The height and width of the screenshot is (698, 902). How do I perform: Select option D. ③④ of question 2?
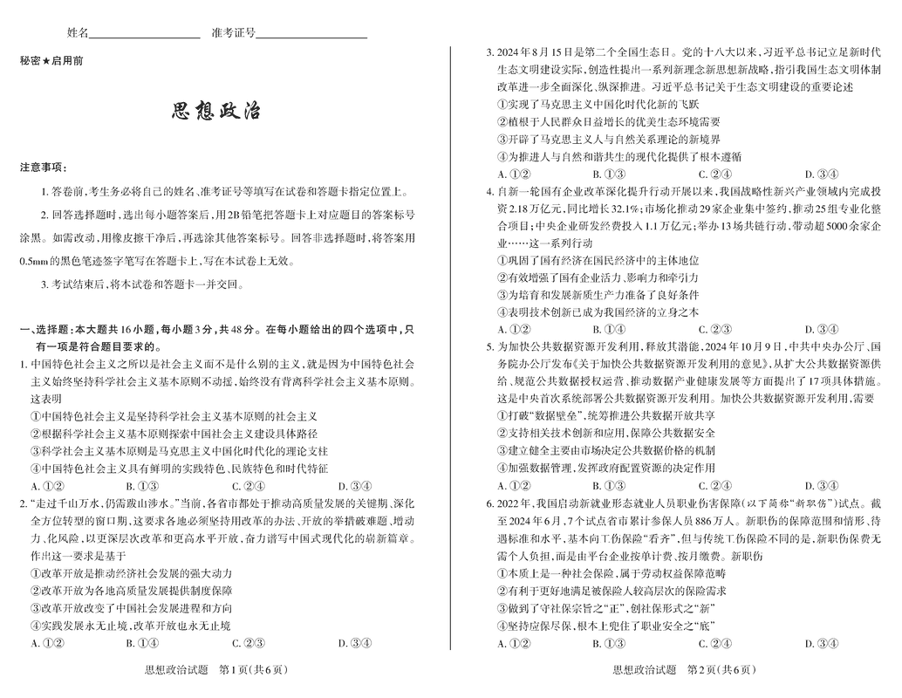(353, 644)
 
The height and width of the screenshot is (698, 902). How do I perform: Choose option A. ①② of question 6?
(514, 644)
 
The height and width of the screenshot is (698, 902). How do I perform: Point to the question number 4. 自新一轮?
(490, 191)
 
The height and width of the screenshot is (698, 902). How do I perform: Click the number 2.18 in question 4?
(522, 209)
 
